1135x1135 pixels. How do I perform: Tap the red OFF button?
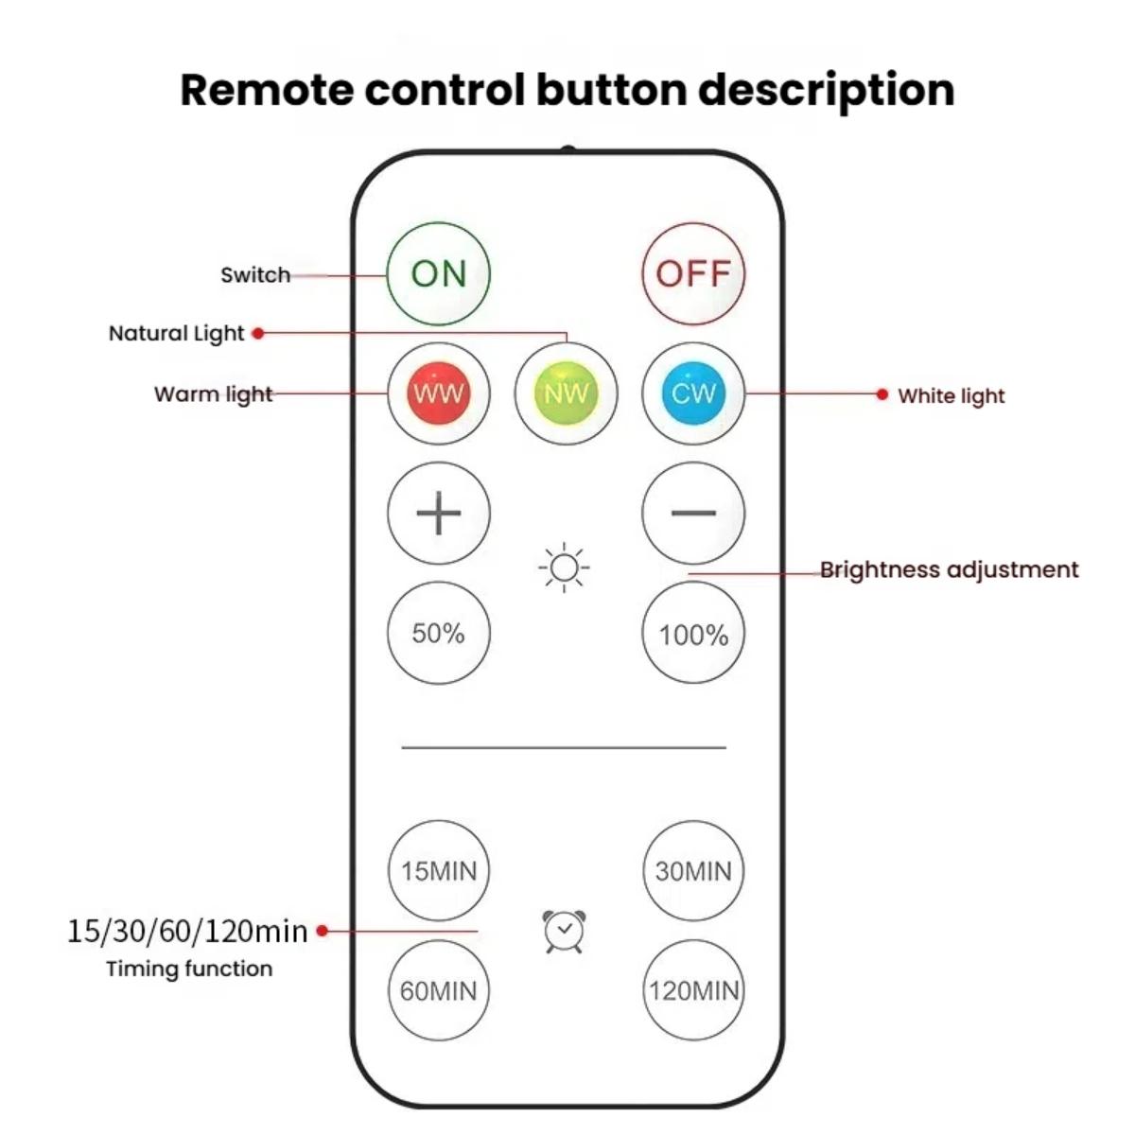693,273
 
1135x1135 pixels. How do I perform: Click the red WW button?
439,393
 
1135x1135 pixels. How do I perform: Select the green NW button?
566,393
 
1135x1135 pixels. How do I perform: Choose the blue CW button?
693,393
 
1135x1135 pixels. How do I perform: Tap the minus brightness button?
693,513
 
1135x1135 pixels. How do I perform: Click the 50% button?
439,633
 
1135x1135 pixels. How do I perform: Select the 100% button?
693,633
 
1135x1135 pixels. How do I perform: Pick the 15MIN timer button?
439,870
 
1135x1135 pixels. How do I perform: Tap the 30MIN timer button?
693,870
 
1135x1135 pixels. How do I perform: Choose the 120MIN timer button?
693,990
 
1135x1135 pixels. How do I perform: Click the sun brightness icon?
565,567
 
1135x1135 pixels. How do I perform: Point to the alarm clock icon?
565,932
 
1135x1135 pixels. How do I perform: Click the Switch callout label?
255,275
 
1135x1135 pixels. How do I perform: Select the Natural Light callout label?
177,333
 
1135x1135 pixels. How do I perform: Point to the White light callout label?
951,395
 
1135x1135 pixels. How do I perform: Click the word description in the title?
826,91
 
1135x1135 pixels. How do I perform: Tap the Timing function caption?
189,969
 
